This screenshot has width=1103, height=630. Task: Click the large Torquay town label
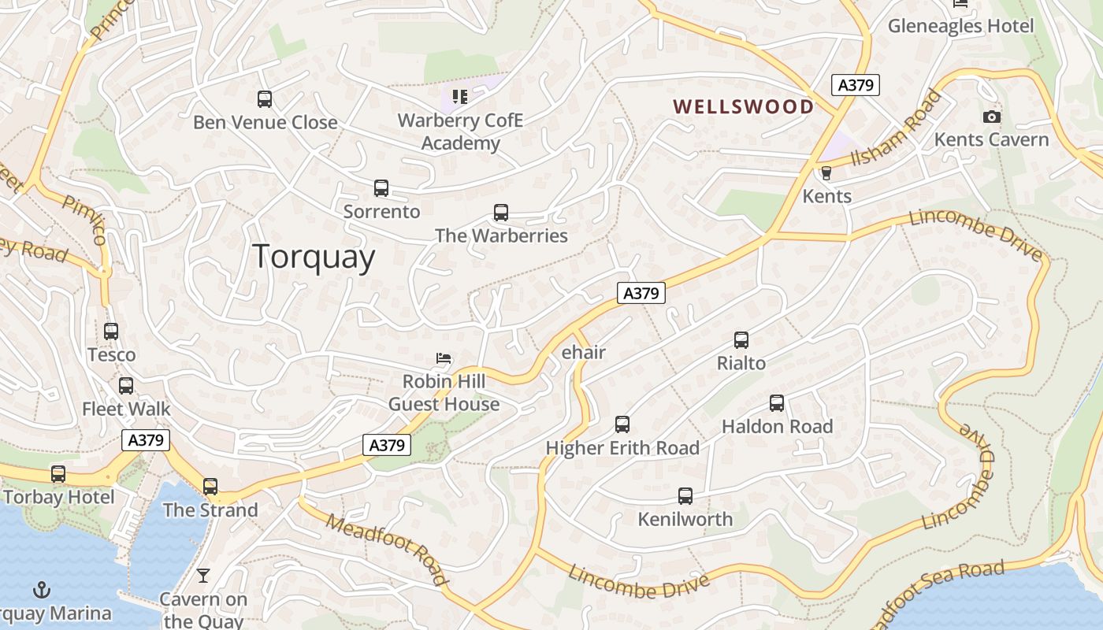coord(314,258)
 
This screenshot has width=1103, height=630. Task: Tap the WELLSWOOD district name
coord(743,106)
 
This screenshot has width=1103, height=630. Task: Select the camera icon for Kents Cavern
coord(991,117)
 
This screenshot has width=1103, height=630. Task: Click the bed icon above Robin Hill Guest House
coord(444,359)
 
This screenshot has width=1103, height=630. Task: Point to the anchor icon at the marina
coord(41,590)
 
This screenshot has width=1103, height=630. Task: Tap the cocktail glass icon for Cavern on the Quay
coord(203,576)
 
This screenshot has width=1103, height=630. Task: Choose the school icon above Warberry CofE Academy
coord(460,97)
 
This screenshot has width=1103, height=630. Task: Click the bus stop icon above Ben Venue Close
coord(265,99)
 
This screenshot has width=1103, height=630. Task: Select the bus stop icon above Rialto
coord(741,340)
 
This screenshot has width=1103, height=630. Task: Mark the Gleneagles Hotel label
coord(960,26)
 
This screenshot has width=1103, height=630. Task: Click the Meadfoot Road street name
coord(387,550)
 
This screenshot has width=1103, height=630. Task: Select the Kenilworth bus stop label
coord(685,520)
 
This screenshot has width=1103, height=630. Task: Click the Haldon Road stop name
coord(777,427)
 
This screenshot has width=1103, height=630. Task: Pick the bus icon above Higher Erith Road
coord(622,424)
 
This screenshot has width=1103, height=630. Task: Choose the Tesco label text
coord(111,355)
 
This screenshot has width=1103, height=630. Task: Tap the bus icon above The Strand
coord(210,487)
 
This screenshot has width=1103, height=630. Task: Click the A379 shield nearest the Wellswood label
coord(855,85)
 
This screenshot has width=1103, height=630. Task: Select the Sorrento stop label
coord(381,212)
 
